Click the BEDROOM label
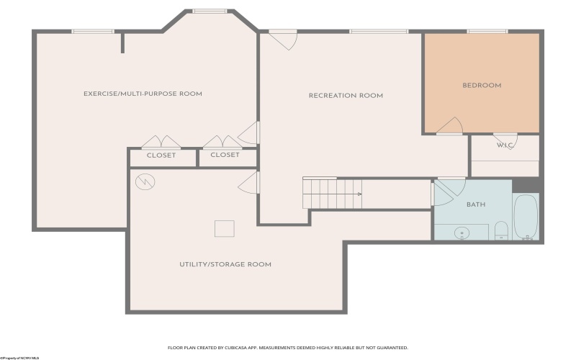click(x=481, y=86)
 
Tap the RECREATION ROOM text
click(x=346, y=96)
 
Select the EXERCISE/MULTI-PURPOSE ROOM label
click(x=143, y=94)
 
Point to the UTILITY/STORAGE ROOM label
click(x=225, y=264)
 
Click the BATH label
click(x=476, y=204)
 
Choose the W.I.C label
click(x=504, y=145)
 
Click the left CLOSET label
click(x=161, y=155)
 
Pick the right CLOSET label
click(x=225, y=155)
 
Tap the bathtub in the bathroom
click(x=525, y=216)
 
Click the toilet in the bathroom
click(x=501, y=230)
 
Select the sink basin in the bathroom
click(x=461, y=233)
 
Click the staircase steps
click(x=330, y=193)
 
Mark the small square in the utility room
click(x=225, y=228)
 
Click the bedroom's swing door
click(x=449, y=127)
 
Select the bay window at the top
click(x=210, y=11)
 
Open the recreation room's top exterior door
click(x=284, y=39)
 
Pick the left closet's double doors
click(x=161, y=142)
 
